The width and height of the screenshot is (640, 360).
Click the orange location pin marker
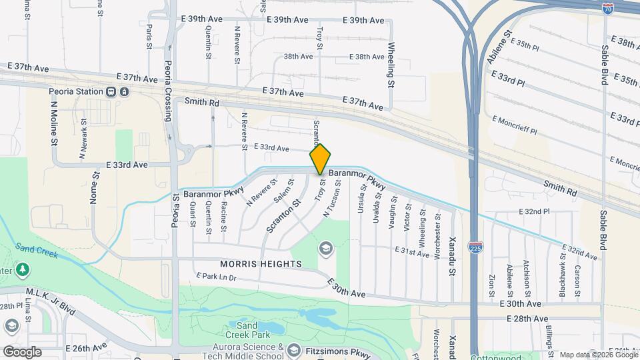pos(320,159)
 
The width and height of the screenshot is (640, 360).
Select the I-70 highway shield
pos(607,9)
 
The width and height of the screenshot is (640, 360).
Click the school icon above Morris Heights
pos(325,249)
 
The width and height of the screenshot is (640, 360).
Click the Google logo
pos(22,351)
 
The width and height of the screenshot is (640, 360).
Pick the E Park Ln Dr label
pos(216,276)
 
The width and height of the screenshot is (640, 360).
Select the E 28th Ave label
pos(527,319)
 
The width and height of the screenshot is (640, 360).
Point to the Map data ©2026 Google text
pos(597,355)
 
